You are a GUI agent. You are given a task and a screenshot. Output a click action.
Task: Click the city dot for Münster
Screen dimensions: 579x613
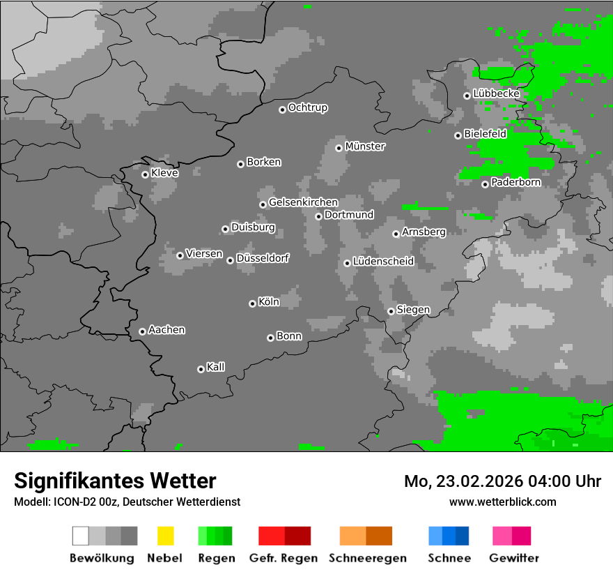click(x=339, y=148)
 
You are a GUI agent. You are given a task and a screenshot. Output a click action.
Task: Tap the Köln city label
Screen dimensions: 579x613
click(x=269, y=302)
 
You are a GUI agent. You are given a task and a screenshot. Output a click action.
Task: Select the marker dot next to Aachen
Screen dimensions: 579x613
click(x=142, y=331)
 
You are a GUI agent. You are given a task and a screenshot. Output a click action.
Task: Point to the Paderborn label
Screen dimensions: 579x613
click(x=515, y=183)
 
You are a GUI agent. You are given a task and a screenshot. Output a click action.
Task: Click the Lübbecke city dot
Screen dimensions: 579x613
click(x=467, y=96)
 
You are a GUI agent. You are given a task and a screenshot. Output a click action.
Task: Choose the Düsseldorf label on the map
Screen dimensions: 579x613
click(x=263, y=258)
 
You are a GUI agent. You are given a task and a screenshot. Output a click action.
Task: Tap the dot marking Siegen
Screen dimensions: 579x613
click(x=391, y=311)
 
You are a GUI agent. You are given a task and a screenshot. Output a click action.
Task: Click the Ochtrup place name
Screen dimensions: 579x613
click(x=308, y=108)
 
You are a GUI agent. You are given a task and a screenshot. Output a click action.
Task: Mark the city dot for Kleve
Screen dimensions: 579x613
click(x=145, y=174)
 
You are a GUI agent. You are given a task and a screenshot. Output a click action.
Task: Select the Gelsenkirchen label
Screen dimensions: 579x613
click(x=303, y=202)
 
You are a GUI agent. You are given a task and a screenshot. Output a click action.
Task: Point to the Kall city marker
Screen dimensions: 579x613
click(x=201, y=369)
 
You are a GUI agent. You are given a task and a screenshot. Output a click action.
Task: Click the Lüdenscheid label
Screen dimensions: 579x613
click(x=383, y=262)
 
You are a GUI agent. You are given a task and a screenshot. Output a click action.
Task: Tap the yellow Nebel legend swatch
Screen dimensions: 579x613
click(x=165, y=536)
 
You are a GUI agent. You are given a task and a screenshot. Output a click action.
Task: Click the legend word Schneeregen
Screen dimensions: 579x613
click(x=368, y=558)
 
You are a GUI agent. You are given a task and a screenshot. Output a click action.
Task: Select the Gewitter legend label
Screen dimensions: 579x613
click(x=514, y=558)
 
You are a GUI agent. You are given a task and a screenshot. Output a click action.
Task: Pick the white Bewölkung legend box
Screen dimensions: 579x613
click(x=80, y=536)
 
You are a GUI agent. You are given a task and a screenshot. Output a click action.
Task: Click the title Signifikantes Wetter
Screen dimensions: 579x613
click(x=115, y=481)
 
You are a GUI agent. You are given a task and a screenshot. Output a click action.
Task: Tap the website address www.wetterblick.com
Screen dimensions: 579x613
click(x=503, y=502)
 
